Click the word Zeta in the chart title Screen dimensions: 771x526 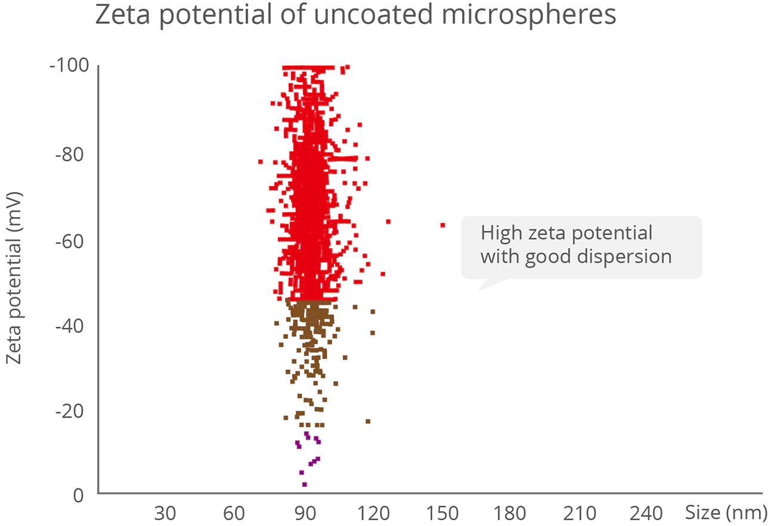(122, 14)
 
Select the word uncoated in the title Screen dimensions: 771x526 (373, 14)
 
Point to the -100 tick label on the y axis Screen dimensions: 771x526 (69, 66)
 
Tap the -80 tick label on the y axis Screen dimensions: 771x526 (69, 154)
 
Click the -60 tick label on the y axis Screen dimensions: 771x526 (69, 242)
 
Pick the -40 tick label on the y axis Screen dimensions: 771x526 (69, 326)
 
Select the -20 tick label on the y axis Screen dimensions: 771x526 (69, 411)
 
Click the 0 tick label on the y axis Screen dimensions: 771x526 (79, 496)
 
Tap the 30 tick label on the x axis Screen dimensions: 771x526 (165, 513)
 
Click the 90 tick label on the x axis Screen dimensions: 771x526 (305, 513)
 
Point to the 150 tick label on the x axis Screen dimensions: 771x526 (442, 513)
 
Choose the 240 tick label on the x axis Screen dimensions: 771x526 (646, 513)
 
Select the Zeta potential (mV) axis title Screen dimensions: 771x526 (14, 278)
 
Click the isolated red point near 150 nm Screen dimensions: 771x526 (442, 225)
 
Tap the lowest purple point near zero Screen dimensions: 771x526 (304, 484)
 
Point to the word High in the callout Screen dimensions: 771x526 (501, 234)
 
